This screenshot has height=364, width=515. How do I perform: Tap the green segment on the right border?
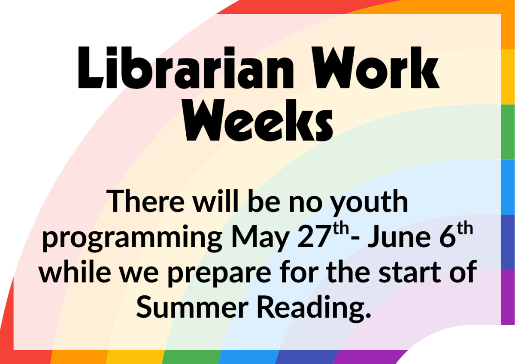tap(508, 132)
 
